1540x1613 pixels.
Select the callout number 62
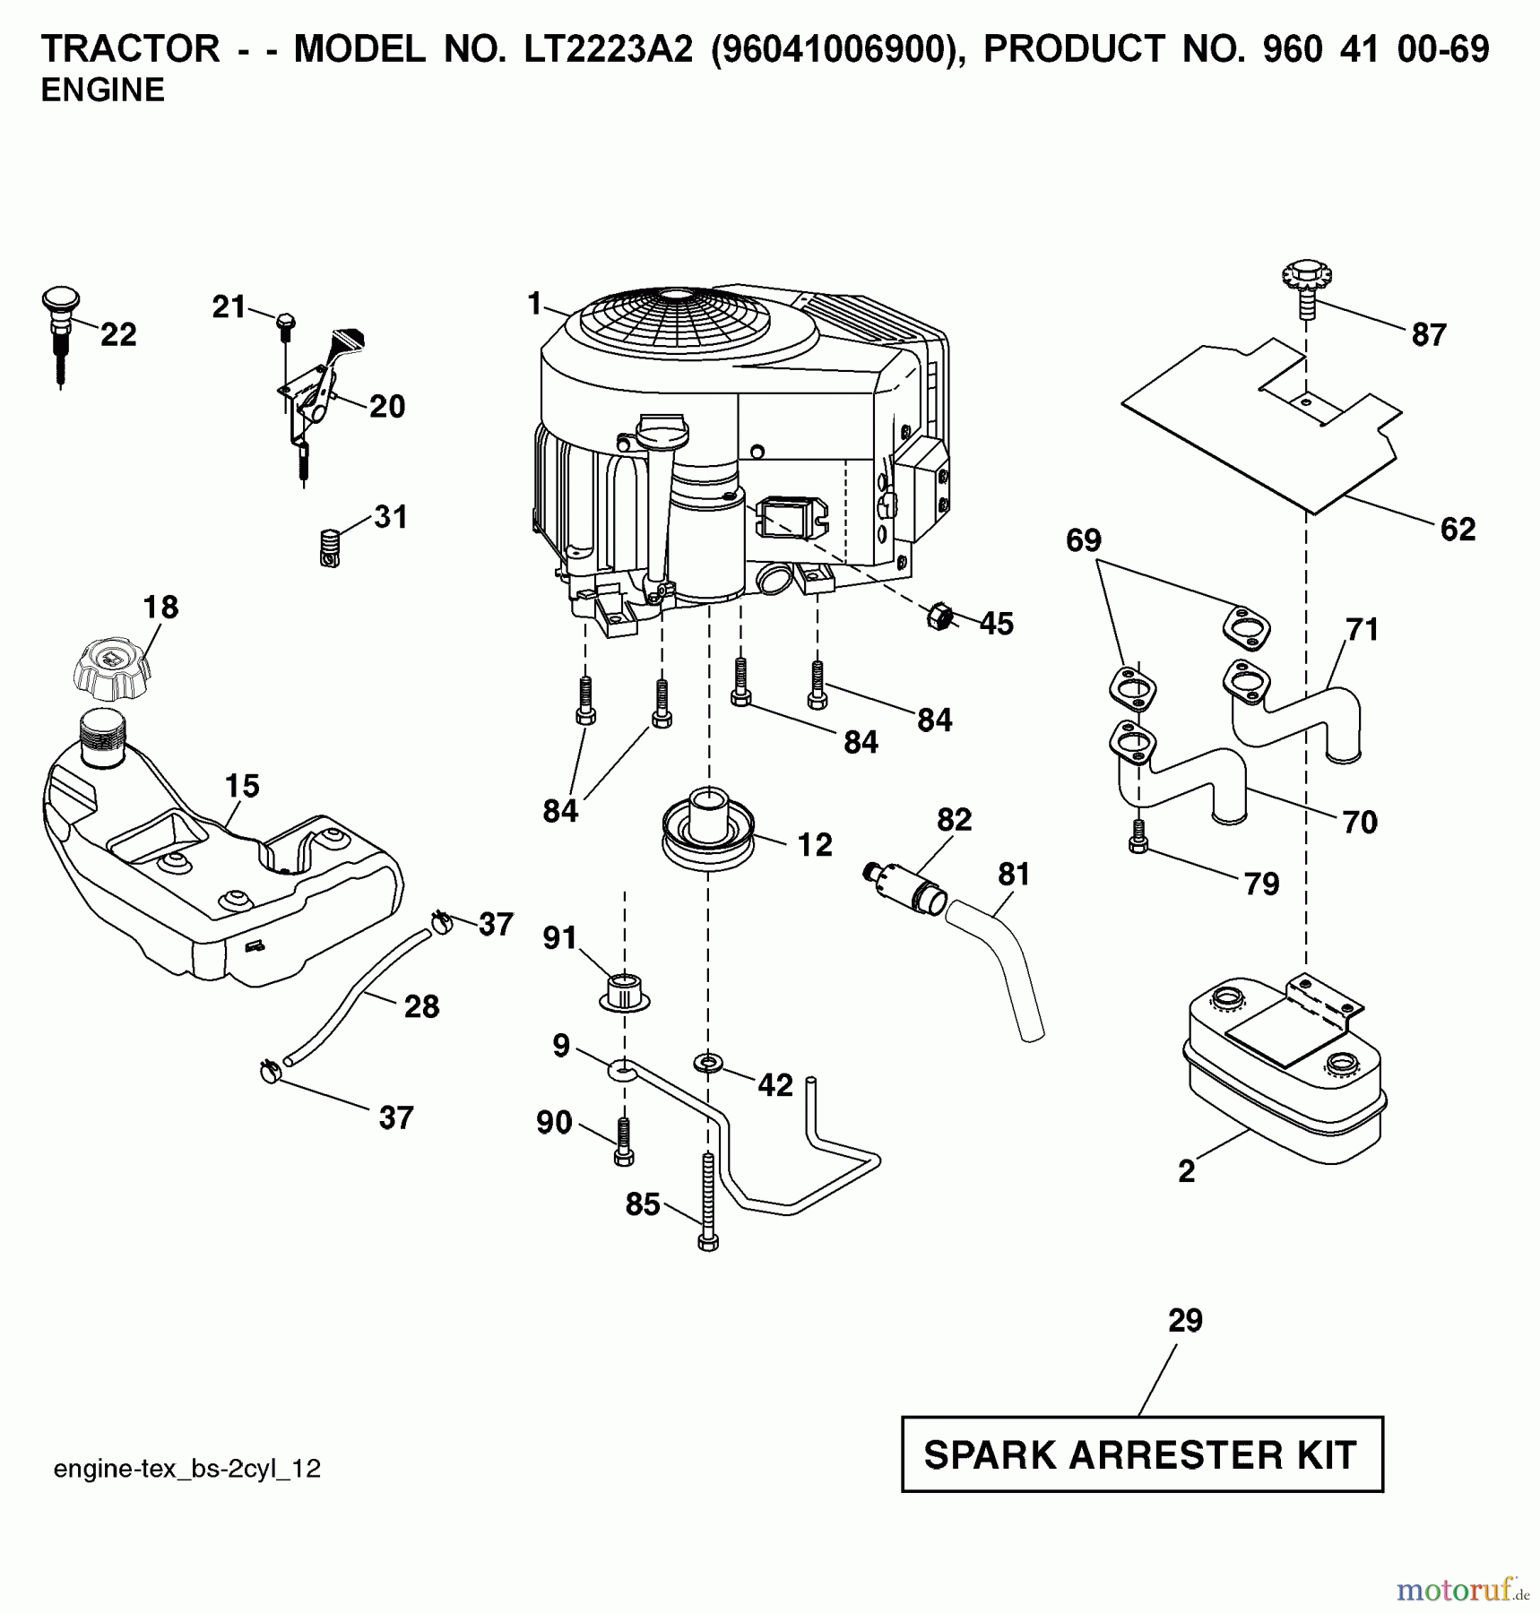(x=1457, y=529)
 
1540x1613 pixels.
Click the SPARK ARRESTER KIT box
(x=1141, y=1454)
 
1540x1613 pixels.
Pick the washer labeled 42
(x=708, y=1064)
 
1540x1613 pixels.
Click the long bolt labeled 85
(x=707, y=1201)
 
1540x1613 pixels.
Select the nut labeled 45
(x=938, y=617)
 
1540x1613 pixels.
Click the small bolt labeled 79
(x=1138, y=836)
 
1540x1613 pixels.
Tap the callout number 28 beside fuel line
(x=421, y=1006)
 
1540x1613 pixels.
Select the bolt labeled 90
(x=624, y=1143)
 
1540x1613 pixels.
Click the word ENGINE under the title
(x=102, y=91)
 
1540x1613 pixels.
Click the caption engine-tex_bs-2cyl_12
(x=186, y=1469)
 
